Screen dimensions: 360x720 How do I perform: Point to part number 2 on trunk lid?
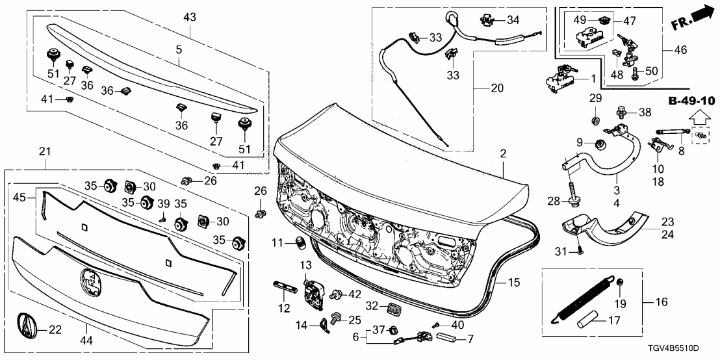point(503,154)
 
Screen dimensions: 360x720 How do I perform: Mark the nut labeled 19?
point(620,281)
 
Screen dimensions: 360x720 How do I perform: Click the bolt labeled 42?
point(337,294)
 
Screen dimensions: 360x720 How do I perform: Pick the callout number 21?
point(45,151)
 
